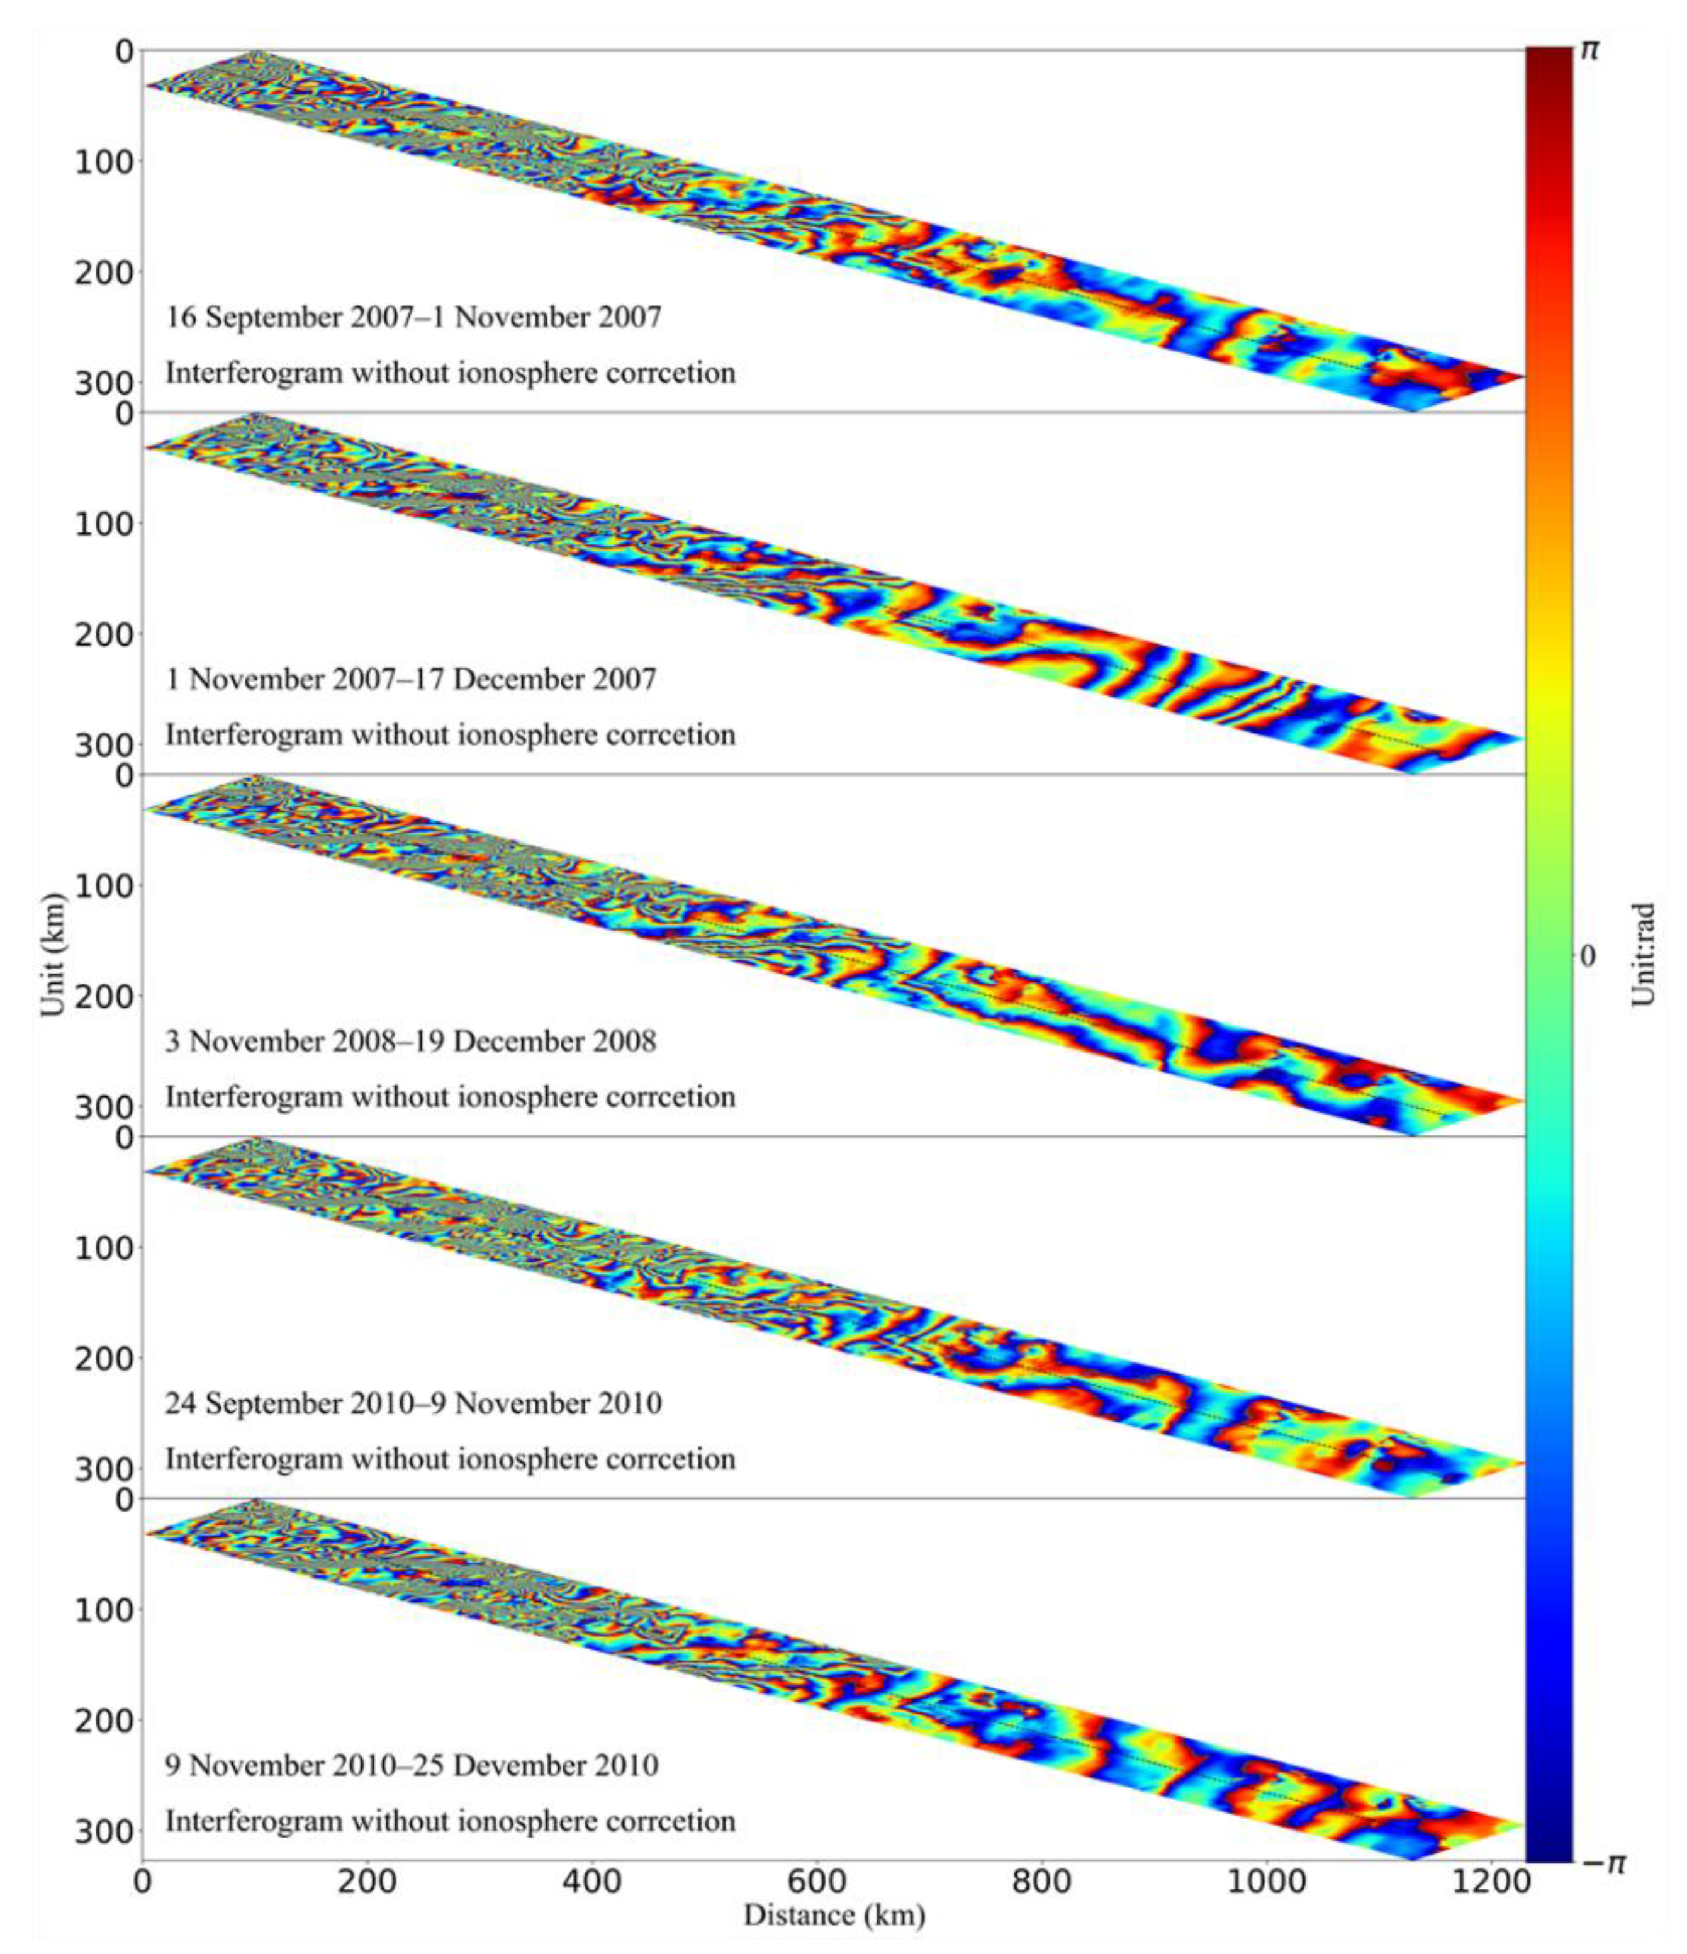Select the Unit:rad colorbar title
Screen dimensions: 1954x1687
[x=1644, y=955]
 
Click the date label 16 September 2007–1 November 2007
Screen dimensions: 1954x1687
[x=413, y=317]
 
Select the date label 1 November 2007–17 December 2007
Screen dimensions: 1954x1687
[x=410, y=679]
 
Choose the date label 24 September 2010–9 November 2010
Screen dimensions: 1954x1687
[x=413, y=1403]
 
